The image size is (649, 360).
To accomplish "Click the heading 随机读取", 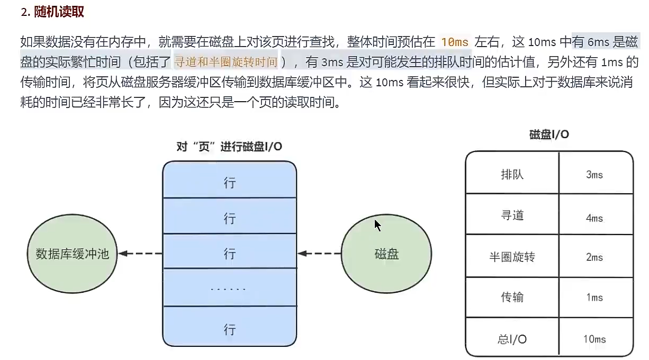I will pyautogui.click(x=59, y=12).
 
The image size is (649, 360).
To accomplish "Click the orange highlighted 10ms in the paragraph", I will pyautogui.click(x=455, y=42).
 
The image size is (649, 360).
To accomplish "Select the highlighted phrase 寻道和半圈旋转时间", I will pyautogui.click(x=226, y=62).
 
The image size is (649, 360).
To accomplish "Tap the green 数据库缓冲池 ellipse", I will pyautogui.click(x=72, y=254).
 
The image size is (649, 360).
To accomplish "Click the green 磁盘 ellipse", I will pyautogui.click(x=386, y=254).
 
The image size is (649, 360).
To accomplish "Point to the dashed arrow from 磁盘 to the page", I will pyautogui.click(x=319, y=254).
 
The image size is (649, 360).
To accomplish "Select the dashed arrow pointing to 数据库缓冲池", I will pyautogui.click(x=140, y=254).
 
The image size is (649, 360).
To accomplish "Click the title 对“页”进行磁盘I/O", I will pyautogui.click(x=229, y=147).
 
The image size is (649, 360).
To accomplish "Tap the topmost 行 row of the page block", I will pyautogui.click(x=229, y=183).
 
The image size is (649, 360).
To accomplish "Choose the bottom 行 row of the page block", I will pyautogui.click(x=229, y=329).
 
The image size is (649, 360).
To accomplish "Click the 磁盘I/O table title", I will pyautogui.click(x=549, y=134).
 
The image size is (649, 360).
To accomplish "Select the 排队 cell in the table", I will pyautogui.click(x=512, y=174).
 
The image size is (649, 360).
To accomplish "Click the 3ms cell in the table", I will pyautogui.click(x=594, y=175).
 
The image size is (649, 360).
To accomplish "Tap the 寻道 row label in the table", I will pyautogui.click(x=512, y=215).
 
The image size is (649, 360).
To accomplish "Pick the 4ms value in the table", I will pyautogui.click(x=594, y=218).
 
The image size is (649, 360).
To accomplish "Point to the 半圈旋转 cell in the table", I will pyautogui.click(x=512, y=257).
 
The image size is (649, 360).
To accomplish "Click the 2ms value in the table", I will pyautogui.click(x=594, y=257).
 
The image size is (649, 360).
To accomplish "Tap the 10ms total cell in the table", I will pyautogui.click(x=594, y=339).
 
